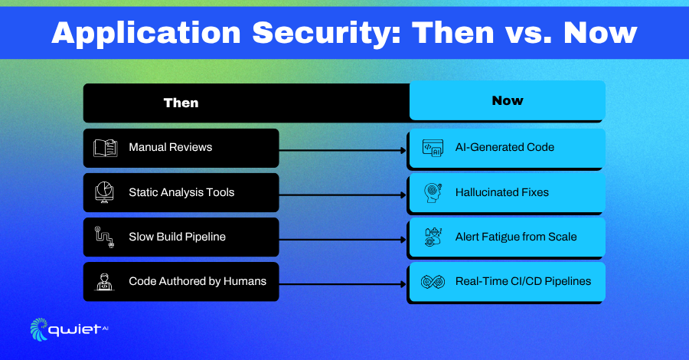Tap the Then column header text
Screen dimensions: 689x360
coord(181,103)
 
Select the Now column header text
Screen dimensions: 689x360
coord(508,100)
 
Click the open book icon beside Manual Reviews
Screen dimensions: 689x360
coord(106,148)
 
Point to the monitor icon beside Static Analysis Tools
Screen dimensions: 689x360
coord(105,192)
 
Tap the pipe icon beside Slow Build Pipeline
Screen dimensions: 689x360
coord(105,237)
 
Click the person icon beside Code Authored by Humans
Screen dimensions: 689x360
coord(105,282)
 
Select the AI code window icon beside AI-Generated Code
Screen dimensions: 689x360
coord(433,148)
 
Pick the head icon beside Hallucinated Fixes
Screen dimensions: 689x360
coord(433,192)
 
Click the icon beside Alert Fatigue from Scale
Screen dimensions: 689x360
coord(433,237)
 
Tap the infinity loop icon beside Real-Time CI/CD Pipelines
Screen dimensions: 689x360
coord(433,282)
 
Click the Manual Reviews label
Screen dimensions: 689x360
coord(171,147)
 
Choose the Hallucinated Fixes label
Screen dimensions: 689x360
coord(501,192)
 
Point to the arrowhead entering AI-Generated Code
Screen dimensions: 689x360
coord(403,150)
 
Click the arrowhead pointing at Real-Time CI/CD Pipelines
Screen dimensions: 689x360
coord(403,284)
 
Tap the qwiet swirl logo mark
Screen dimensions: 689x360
coord(39,329)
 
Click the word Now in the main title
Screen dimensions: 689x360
coord(600,34)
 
